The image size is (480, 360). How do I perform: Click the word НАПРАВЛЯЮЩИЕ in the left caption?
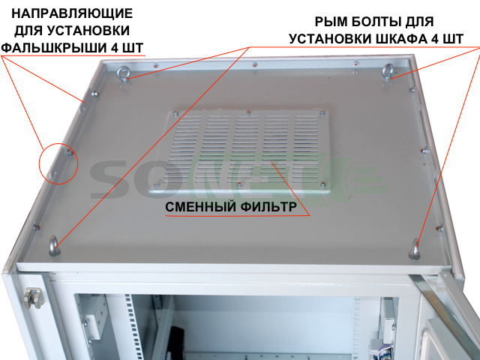(72, 13)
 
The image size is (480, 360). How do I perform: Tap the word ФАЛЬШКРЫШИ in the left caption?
(55, 48)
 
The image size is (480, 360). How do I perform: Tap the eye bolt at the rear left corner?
(122, 73)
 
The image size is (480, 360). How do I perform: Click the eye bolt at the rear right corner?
(388, 71)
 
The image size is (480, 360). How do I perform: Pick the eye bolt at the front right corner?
(414, 249)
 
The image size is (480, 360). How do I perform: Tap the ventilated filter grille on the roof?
(240, 152)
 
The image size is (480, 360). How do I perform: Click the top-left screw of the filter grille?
(175, 114)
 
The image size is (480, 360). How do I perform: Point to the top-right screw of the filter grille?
(322, 113)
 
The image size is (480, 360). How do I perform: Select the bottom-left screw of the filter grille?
(157, 185)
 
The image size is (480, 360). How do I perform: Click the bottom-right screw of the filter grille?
(322, 184)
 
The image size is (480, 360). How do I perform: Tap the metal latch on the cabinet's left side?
(34, 298)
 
